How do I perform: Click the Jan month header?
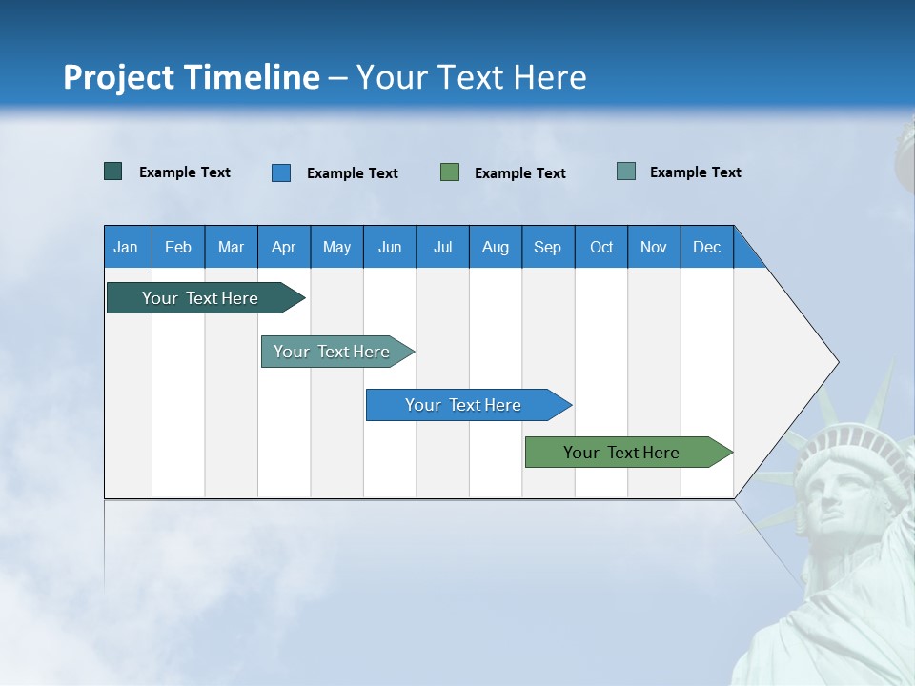coord(126,248)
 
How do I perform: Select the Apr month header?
coord(284,248)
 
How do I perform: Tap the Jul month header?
coord(442,248)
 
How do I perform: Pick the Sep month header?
coord(547,248)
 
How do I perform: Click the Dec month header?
coord(706,248)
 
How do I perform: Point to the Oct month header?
coord(601,248)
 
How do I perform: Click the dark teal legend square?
coord(112,171)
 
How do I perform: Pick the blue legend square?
coord(280,172)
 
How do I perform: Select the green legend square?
coord(450,172)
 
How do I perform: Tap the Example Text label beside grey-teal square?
coord(695,172)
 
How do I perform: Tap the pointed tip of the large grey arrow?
coord(837,362)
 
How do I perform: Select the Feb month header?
coord(178,248)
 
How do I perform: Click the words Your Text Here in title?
coord(472,77)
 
